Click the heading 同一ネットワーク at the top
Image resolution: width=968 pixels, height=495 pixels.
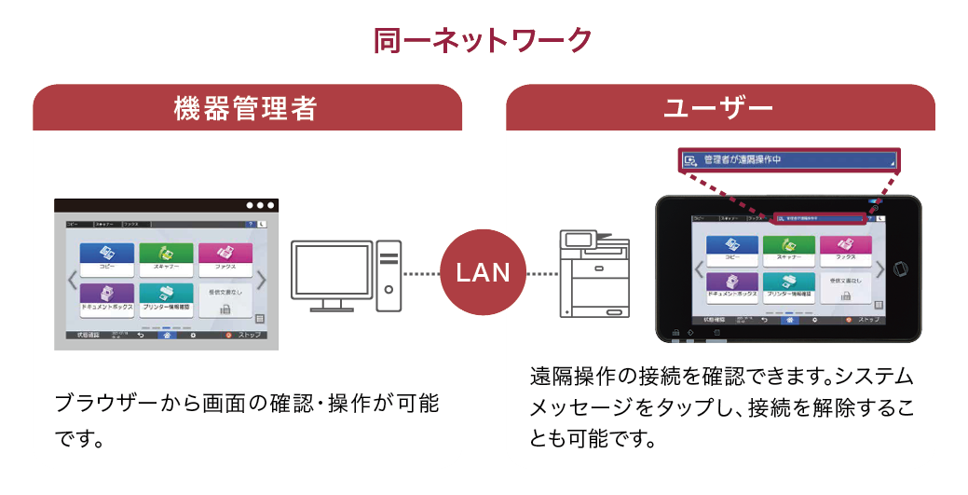483,40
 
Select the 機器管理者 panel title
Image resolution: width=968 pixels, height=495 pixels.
246,109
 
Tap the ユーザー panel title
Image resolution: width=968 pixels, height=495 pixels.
718,109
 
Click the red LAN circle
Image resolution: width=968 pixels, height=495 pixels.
483,272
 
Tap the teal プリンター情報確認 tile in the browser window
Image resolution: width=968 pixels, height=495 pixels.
166,296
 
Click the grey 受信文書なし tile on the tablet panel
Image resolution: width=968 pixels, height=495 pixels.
846,287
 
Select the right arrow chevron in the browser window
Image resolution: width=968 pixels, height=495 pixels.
262,280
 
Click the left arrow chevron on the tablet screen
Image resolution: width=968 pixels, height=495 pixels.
698,269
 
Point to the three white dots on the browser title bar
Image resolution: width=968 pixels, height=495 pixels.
260,205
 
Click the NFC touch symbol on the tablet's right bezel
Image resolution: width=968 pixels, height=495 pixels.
901,269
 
